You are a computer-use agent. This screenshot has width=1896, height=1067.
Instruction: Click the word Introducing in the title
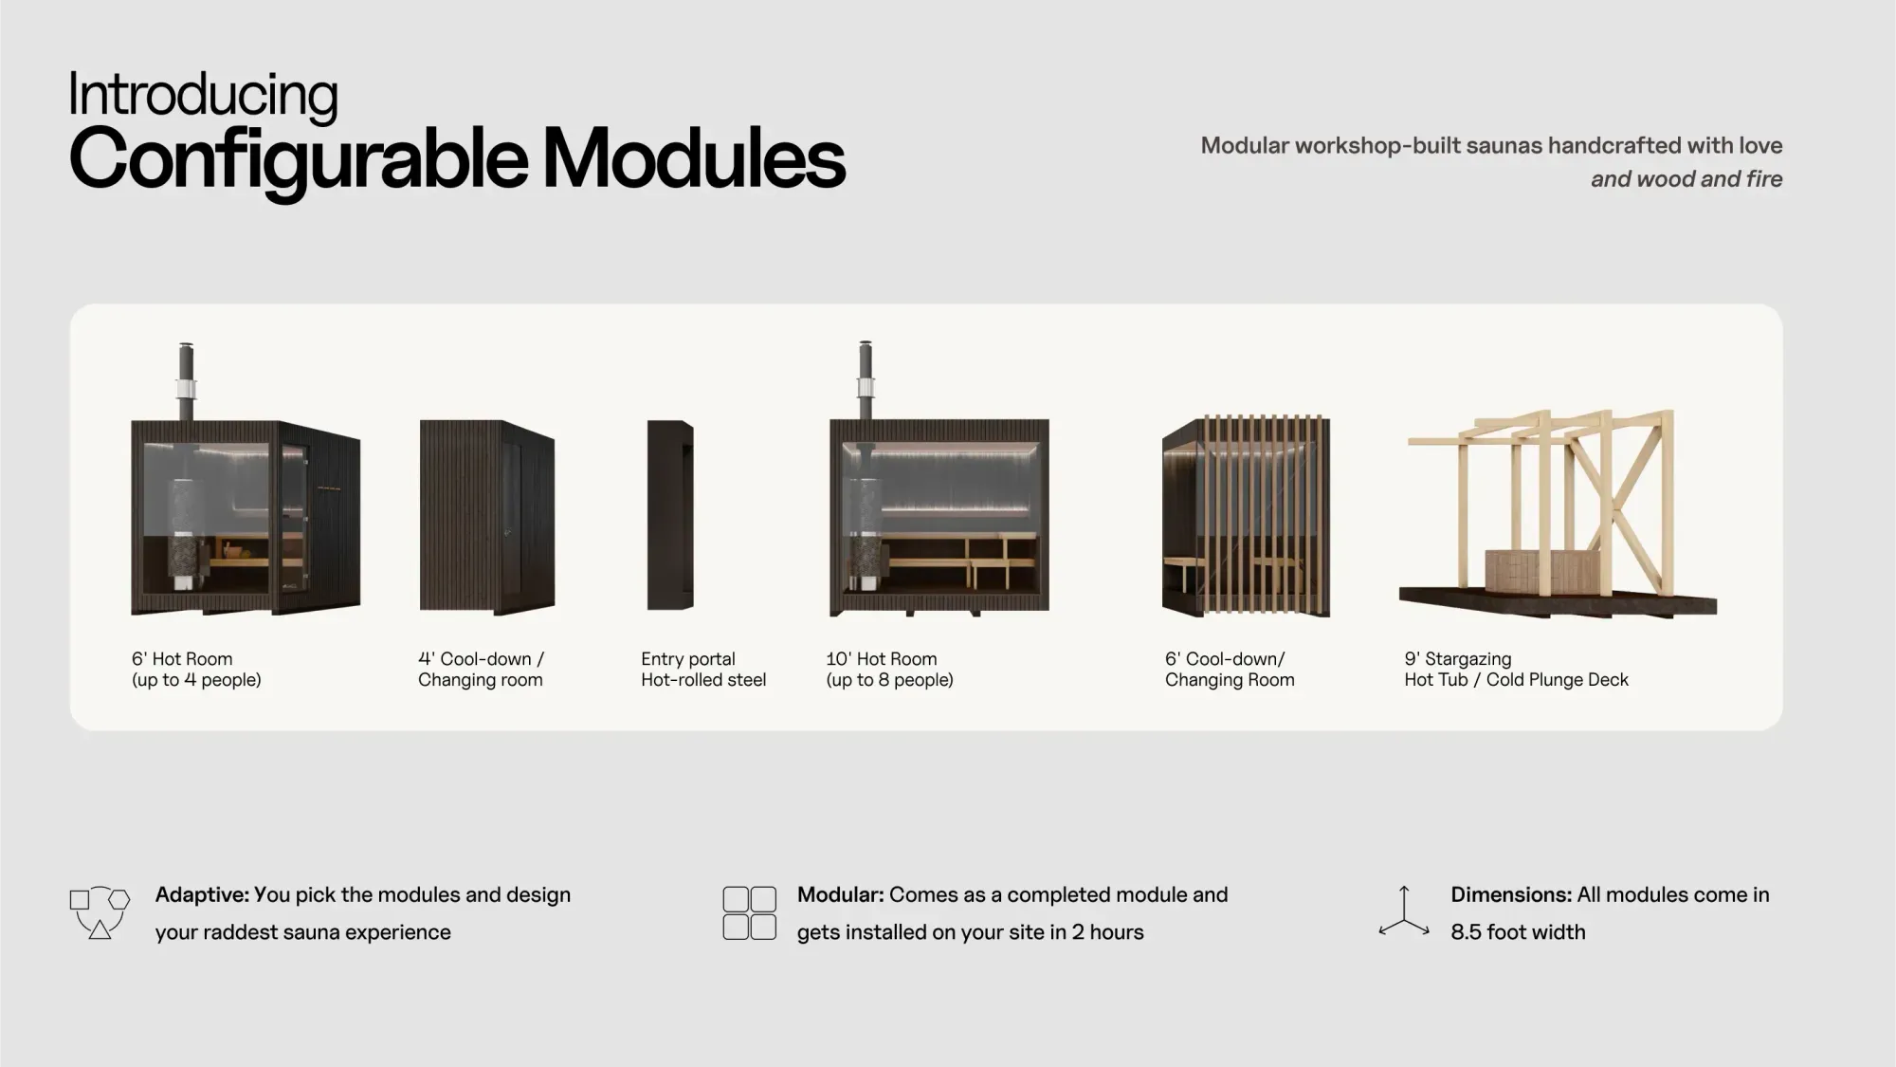(203, 97)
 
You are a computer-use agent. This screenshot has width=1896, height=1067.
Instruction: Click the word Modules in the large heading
(693, 157)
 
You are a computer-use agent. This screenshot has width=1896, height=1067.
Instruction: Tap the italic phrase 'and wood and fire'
(1686, 179)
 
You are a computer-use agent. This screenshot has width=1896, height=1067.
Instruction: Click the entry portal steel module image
(670, 515)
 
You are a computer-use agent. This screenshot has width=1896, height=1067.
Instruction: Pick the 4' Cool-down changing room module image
(487, 517)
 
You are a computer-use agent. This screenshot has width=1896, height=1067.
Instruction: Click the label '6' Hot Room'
(182, 659)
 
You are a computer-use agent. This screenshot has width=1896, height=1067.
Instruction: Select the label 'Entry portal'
(688, 659)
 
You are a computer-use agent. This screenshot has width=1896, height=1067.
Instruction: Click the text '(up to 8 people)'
(889, 680)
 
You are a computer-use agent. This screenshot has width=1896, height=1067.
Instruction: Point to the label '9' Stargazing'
(1458, 659)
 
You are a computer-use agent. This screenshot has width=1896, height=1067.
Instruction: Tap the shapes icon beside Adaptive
(100, 913)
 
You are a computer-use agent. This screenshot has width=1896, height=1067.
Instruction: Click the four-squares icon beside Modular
(749, 913)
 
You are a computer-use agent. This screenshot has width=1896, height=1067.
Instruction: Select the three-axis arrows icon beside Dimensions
(1404, 912)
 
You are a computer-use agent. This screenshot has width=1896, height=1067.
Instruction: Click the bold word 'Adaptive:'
(202, 894)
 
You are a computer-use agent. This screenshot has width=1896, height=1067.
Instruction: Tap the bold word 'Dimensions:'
(1511, 894)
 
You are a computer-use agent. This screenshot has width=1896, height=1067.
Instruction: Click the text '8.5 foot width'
(1518, 932)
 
